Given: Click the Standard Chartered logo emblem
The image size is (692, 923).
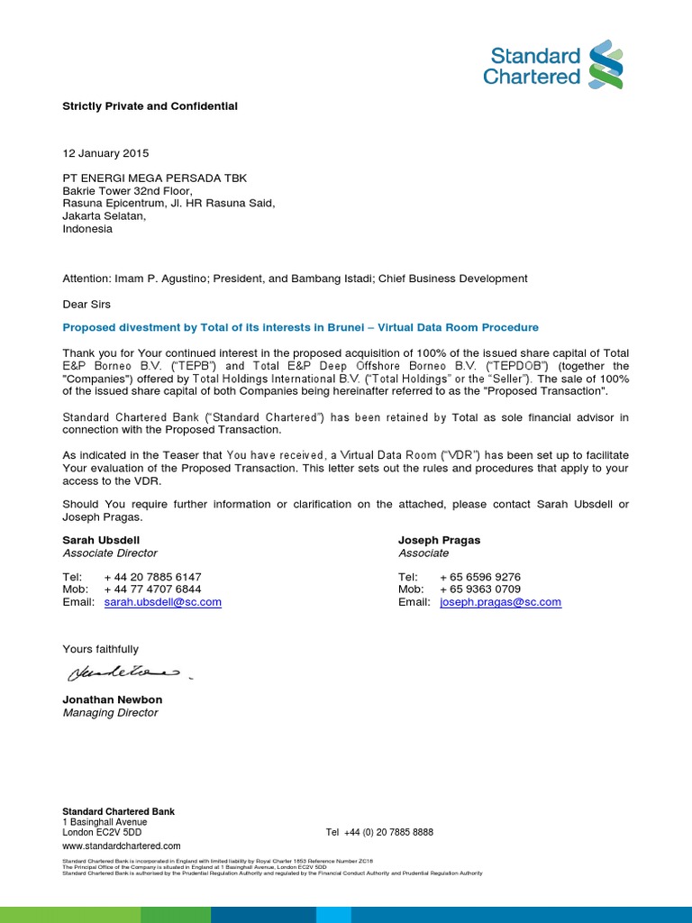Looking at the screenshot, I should pyautogui.click(x=605, y=64).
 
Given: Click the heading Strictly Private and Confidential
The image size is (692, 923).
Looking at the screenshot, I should pyautogui.click(x=150, y=106).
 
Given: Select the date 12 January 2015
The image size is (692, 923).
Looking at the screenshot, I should pyautogui.click(x=105, y=153).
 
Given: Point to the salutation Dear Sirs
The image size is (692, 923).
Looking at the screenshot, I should pyautogui.click(x=86, y=304).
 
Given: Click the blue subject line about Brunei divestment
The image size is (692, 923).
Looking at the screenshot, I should pyautogui.click(x=300, y=327).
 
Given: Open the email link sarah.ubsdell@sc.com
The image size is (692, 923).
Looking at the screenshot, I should pyautogui.click(x=162, y=602).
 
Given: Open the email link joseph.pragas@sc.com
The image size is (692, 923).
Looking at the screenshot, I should pyautogui.click(x=500, y=602).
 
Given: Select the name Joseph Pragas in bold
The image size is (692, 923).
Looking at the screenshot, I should pyautogui.click(x=439, y=540).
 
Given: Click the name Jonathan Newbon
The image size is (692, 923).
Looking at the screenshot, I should pyautogui.click(x=113, y=699).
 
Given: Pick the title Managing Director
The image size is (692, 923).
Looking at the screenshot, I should pyautogui.click(x=110, y=713).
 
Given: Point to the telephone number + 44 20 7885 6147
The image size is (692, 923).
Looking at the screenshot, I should pyautogui.click(x=152, y=577).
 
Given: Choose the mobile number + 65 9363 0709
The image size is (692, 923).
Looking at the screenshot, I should pyautogui.click(x=479, y=589).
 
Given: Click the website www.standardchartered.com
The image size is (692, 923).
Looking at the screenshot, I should pyautogui.click(x=121, y=845).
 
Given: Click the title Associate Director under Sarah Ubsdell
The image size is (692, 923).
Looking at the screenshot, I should pyautogui.click(x=110, y=553).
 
